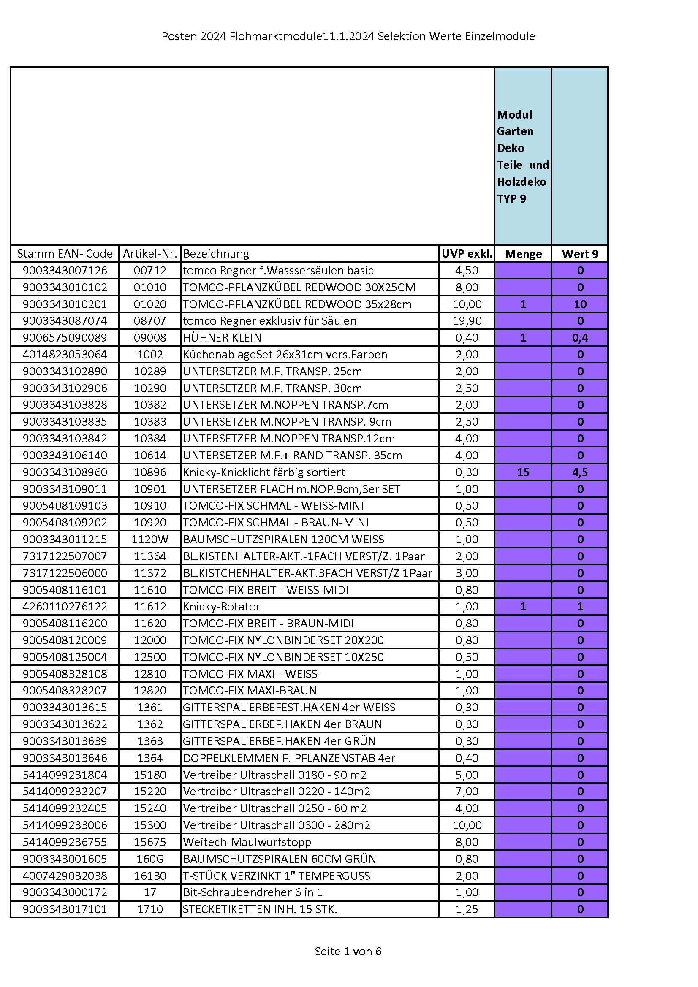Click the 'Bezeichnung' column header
(216, 254)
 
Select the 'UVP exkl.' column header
(467, 254)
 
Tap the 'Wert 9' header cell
(580, 254)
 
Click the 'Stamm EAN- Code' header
(65, 254)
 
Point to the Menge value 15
(523, 472)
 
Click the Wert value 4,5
(580, 472)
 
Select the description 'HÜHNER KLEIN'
(222, 337)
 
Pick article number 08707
(149, 321)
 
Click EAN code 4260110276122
(65, 607)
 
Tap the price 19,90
(467, 321)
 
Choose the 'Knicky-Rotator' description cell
(222, 607)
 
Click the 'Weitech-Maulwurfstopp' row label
(247, 842)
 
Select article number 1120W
(149, 539)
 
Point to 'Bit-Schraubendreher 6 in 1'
(253, 892)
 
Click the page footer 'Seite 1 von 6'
(348, 951)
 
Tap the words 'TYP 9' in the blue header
(511, 198)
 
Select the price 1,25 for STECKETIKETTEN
(467, 909)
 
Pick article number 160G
(149, 859)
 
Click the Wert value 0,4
(580, 337)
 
